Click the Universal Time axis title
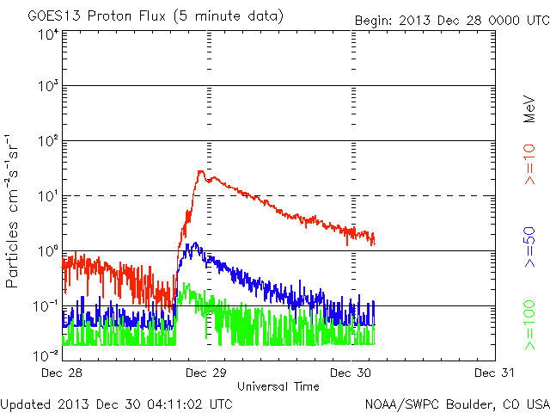(278, 386)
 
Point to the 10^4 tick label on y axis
(47, 34)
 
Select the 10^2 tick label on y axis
(47, 141)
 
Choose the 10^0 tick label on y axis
(47, 251)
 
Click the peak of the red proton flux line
(200, 171)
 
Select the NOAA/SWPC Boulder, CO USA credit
(456, 404)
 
